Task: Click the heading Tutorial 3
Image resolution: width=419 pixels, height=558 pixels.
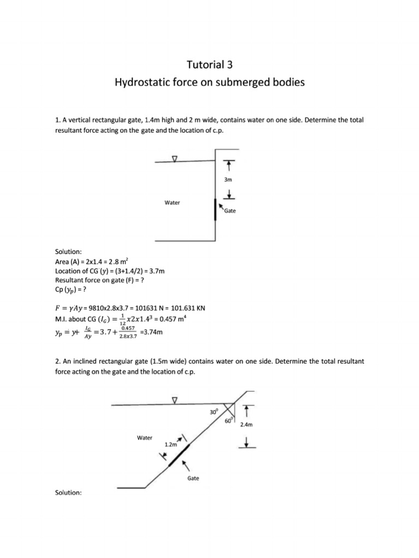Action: pyautogui.click(x=209, y=65)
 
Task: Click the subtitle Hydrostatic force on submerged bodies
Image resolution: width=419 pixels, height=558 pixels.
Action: pyautogui.click(x=209, y=83)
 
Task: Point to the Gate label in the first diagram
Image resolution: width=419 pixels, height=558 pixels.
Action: pyautogui.click(x=230, y=211)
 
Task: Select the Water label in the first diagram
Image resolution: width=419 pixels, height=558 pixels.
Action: pyautogui.click(x=172, y=203)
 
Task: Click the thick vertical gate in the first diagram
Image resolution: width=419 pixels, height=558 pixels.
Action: pyautogui.click(x=215, y=209)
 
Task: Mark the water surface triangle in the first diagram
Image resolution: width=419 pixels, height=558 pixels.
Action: pyautogui.click(x=175, y=159)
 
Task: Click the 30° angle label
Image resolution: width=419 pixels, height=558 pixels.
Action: pyautogui.click(x=213, y=413)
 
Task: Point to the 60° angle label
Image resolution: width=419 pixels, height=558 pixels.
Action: pyautogui.click(x=229, y=420)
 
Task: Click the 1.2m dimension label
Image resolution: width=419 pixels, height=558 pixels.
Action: pyautogui.click(x=171, y=445)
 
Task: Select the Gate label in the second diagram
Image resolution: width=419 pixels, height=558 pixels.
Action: pyautogui.click(x=193, y=478)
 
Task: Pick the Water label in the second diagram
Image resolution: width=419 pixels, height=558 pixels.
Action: pyautogui.click(x=145, y=438)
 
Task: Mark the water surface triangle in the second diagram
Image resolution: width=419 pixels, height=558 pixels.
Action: pyautogui.click(x=175, y=401)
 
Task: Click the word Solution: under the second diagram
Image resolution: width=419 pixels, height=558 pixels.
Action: pyautogui.click(x=68, y=493)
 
